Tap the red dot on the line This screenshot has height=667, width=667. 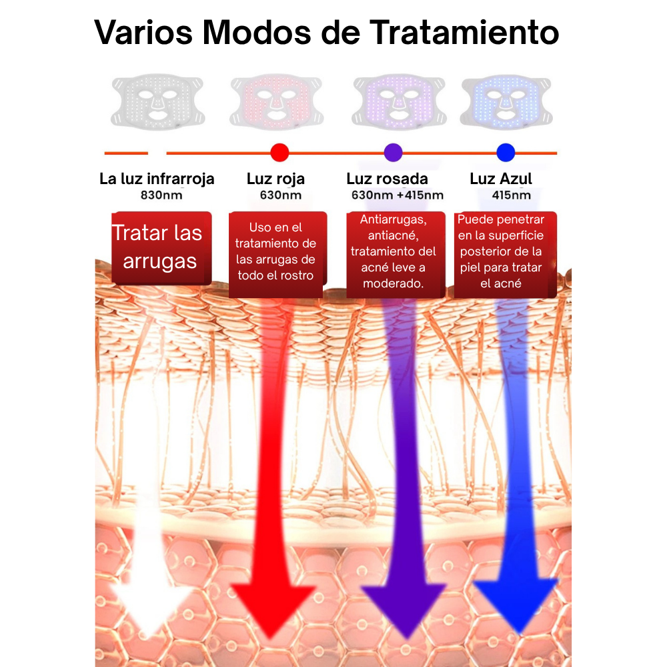click(x=279, y=153)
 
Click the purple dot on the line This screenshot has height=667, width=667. click(x=394, y=153)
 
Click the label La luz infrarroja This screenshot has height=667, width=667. click(x=157, y=179)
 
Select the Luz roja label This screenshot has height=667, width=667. click(x=275, y=179)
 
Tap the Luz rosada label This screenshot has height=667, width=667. click(x=387, y=179)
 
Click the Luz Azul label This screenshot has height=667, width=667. click(x=501, y=179)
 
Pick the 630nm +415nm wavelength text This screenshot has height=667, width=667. click(x=398, y=195)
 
